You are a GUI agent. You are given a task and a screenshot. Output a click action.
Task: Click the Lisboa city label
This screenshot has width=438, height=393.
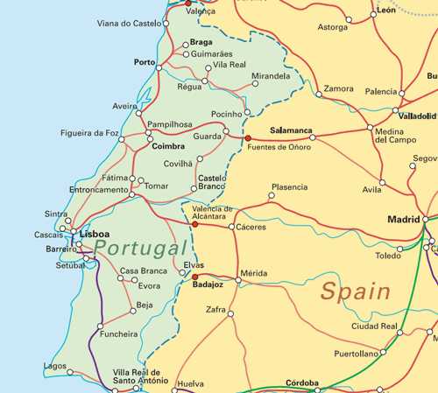coord(94,235)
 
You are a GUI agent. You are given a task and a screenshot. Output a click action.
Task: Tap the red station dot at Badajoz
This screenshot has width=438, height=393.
coord(194,277)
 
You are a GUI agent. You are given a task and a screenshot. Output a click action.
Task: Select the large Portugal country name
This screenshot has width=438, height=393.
coord(141,249)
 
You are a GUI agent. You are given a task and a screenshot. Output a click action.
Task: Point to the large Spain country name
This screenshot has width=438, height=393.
coord(355,291)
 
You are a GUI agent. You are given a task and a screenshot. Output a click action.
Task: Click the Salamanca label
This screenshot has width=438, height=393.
coord(291,130)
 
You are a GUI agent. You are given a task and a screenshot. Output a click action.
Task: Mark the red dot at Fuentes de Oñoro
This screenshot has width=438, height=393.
coord(248,137)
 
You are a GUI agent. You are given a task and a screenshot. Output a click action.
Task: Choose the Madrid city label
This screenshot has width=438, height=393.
coord(404,219)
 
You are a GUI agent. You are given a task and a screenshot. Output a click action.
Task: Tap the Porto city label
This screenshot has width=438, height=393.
coord(145,62)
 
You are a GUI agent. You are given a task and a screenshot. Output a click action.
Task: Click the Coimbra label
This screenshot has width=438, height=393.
coord(168,146)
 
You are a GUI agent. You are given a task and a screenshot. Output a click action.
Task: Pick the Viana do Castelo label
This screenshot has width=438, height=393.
coord(129,24)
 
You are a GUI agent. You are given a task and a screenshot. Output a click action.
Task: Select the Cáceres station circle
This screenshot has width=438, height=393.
coord(231,227)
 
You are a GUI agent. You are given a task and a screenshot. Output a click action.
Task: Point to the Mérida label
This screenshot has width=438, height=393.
coord(253,273)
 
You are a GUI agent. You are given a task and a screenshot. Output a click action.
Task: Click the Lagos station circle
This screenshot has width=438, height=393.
coord(71,372)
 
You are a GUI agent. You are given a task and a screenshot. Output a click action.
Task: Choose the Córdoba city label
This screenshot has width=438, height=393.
coord(302,382)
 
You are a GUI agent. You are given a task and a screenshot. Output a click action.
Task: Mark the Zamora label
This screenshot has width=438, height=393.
coord(338,88)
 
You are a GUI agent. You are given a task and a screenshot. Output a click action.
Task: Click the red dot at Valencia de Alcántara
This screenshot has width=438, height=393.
coord(194,224)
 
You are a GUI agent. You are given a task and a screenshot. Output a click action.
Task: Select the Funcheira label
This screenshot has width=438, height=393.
coord(119,333)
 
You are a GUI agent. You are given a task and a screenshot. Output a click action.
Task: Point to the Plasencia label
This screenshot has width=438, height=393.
coord(289,187)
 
